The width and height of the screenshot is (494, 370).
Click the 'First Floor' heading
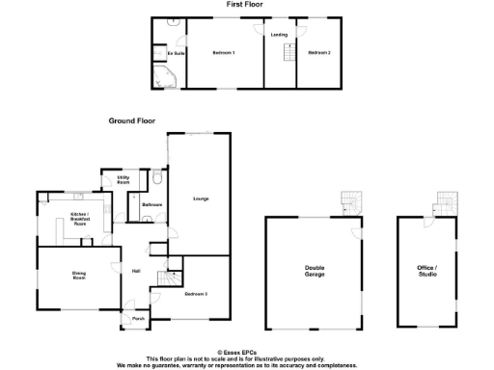tap(246, 5)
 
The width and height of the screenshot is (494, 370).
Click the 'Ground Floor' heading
tap(131, 121)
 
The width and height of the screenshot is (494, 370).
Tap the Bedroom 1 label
tap(224, 53)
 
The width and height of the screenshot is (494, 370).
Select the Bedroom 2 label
tap(318, 53)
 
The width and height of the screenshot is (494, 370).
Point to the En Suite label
tap(176, 53)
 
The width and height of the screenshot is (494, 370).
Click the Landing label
tap(279, 35)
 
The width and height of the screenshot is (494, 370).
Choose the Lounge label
tap(201, 199)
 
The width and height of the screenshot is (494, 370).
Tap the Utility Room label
tap(123, 179)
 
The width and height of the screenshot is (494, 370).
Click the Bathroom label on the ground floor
tap(151, 205)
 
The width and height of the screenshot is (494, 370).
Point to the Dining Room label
tap(79, 276)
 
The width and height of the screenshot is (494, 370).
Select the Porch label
tap(138, 319)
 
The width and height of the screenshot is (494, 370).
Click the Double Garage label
tap(315, 273)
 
